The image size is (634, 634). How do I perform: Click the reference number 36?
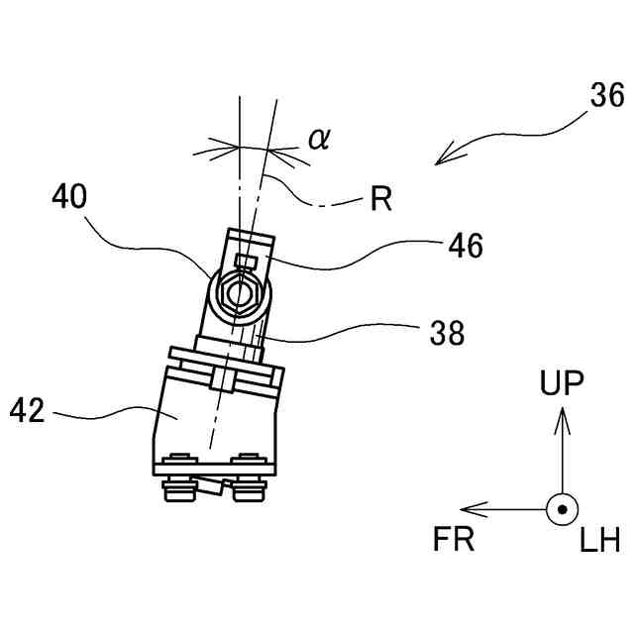(606, 96)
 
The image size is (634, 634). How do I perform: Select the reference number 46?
(463, 245)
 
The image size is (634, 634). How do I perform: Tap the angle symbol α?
(318, 138)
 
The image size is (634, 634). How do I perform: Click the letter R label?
(381, 200)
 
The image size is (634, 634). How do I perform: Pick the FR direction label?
(455, 540)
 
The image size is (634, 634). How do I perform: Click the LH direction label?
(599, 540)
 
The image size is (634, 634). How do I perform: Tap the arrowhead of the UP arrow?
(562, 420)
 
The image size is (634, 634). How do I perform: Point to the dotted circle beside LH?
(562, 510)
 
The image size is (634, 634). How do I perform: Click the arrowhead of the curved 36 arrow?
(448, 156)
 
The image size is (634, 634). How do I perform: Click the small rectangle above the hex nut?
(248, 263)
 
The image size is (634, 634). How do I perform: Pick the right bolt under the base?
(247, 480)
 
